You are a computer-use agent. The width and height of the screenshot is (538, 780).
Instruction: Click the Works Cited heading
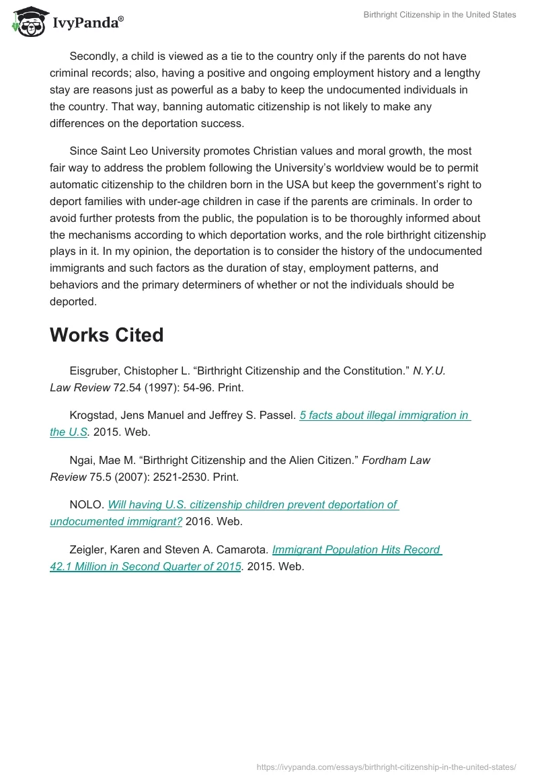106,335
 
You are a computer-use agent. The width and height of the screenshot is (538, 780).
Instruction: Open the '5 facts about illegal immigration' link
384,416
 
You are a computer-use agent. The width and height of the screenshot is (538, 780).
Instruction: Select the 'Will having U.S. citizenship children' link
253,504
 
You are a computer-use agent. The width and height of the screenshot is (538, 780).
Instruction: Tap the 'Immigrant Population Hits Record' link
356,549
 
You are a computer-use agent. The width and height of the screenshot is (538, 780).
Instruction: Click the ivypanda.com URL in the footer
387,767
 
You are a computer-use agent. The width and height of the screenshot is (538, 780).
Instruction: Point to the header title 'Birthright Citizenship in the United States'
440,15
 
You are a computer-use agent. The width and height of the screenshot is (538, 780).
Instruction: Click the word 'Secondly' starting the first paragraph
93,56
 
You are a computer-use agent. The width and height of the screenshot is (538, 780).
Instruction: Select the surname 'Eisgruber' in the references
94,370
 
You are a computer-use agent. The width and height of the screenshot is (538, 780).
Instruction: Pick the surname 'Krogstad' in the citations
93,416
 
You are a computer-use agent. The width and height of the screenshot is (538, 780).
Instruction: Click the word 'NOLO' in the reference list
85,504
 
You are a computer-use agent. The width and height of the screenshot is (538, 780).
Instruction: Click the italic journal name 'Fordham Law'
396,460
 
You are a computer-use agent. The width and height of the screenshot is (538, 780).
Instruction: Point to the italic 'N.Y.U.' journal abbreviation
429,370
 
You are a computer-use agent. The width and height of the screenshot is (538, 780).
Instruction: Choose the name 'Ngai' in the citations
82,460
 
